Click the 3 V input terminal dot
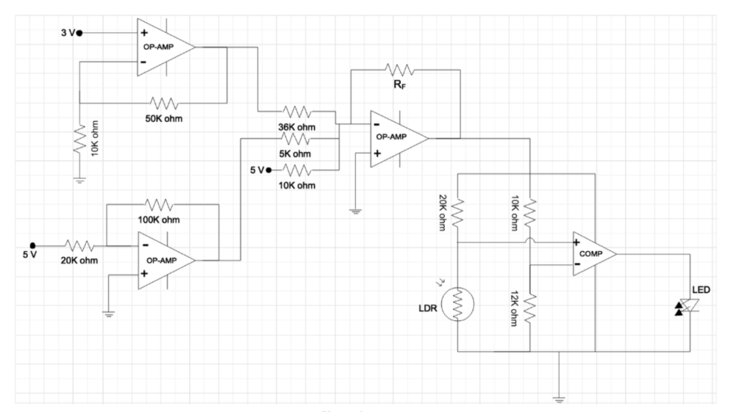80,33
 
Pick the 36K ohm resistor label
297,128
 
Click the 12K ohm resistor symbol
531,303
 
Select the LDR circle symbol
457,303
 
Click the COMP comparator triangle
593,254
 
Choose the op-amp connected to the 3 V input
165,46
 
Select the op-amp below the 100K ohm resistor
165,259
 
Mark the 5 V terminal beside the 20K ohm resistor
32,245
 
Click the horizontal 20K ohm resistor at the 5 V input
79,245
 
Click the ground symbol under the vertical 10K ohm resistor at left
79,178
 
